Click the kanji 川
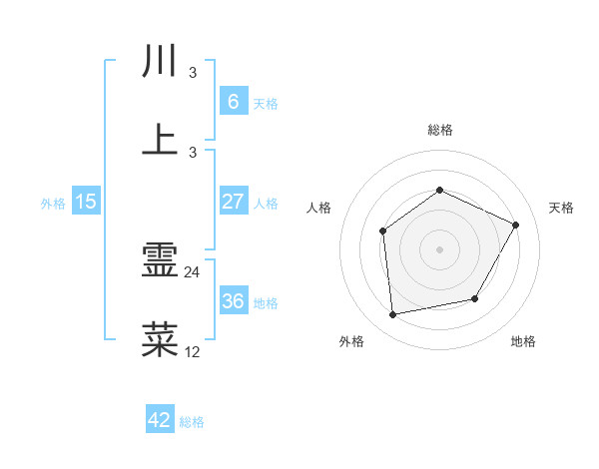point(161,61)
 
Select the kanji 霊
point(161,261)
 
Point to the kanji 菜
point(161,340)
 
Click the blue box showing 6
point(233,102)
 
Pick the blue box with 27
point(233,202)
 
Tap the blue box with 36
point(233,301)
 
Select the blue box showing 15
point(86,202)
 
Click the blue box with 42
point(160,420)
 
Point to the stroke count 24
point(193,271)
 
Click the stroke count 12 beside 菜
point(193,351)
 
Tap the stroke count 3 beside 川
point(193,72)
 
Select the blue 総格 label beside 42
point(192,422)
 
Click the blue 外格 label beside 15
point(53,203)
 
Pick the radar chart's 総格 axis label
point(439,130)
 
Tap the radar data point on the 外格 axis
point(393,315)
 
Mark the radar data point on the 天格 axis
point(516,225)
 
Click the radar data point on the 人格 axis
point(383,232)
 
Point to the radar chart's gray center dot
point(439,249)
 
